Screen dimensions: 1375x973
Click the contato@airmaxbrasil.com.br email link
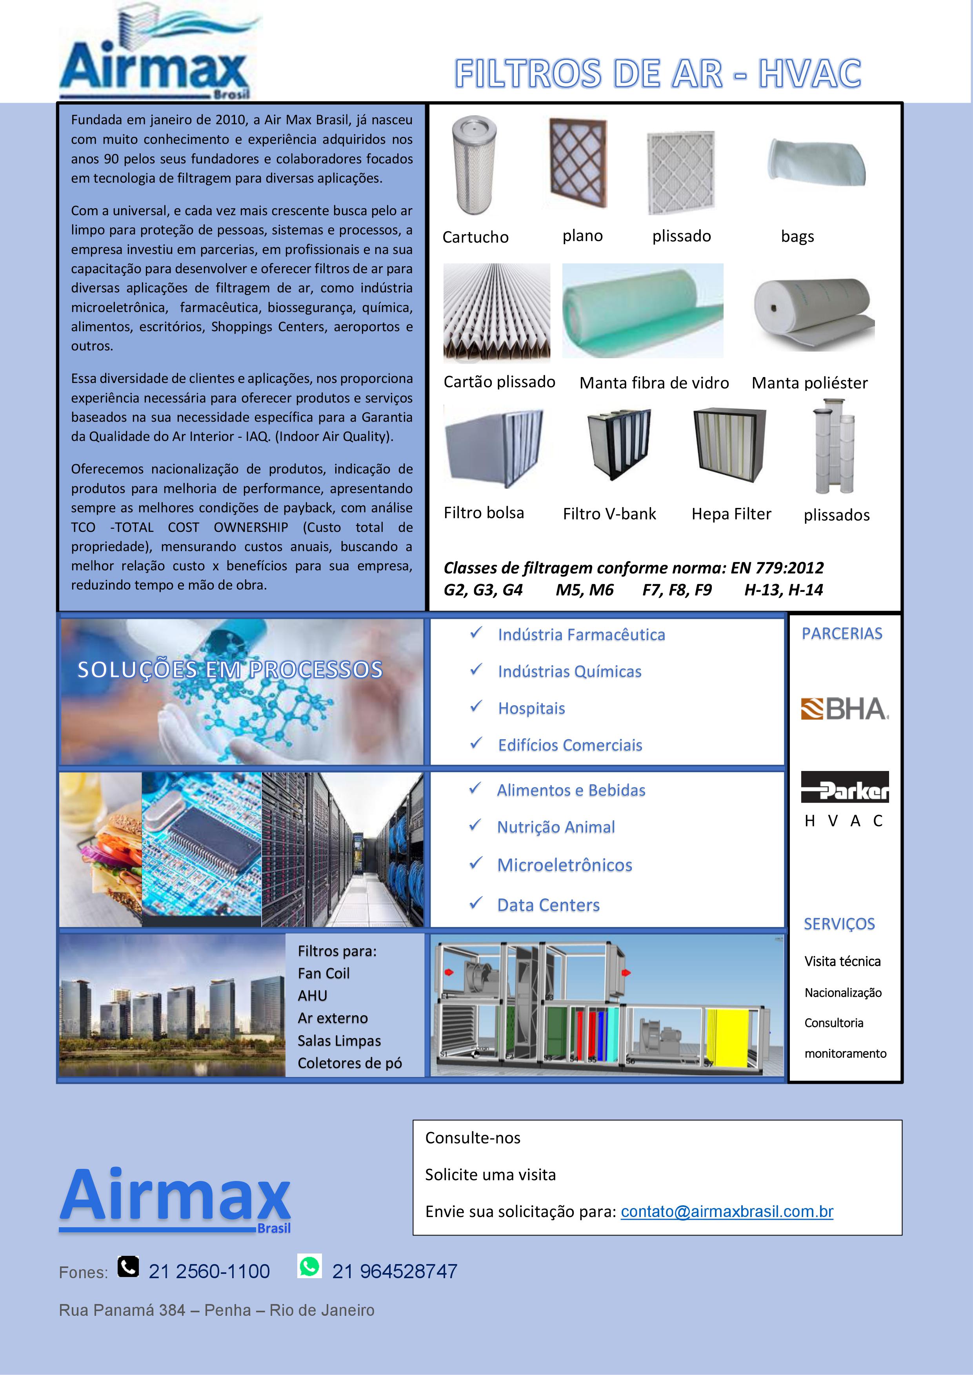click(727, 1212)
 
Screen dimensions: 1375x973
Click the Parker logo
click(845, 787)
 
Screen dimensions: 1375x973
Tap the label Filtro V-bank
click(609, 514)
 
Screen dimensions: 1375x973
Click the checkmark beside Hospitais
click(476, 707)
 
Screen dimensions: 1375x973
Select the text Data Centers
click(548, 905)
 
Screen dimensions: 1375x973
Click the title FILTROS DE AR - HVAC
click(657, 74)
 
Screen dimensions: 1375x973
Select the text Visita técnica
click(842, 961)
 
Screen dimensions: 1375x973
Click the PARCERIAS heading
click(842, 633)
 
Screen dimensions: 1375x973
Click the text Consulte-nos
click(473, 1138)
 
